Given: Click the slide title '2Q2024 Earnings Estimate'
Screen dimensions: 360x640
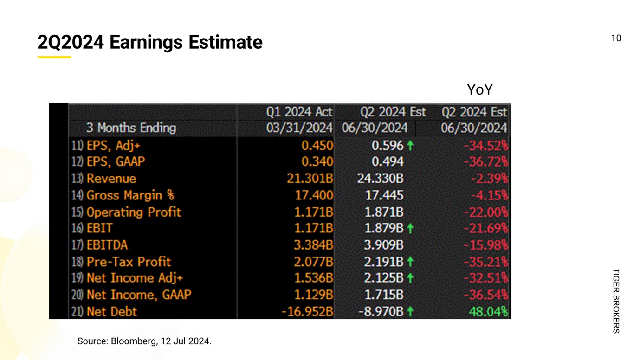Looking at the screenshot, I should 149,43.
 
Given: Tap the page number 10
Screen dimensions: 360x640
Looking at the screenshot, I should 616,39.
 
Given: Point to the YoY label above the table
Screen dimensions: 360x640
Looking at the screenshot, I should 479,90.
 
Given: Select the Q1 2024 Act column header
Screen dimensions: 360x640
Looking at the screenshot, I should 299,112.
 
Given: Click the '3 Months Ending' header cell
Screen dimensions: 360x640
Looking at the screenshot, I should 131,128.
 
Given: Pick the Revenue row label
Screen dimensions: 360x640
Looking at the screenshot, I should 111,179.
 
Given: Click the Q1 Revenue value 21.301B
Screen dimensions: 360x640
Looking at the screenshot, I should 310,179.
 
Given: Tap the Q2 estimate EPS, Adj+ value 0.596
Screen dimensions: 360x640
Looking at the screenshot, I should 388,146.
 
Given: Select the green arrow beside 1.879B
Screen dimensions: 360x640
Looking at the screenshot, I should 410,229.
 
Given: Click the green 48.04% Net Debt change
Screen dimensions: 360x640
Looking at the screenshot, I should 488,311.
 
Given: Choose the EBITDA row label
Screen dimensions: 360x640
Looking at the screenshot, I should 107,245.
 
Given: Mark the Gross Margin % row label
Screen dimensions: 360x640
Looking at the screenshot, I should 130,195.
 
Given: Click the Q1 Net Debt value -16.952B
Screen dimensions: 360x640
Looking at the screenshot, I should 307,311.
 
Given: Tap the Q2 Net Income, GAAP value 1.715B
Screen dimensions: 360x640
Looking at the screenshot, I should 383,295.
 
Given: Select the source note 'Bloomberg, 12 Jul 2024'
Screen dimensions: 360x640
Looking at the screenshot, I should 144,342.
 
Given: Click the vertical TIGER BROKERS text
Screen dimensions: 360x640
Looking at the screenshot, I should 616,301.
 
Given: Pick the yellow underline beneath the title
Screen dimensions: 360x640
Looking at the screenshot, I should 54,57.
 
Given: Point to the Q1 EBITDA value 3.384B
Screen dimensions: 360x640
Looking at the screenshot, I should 313,245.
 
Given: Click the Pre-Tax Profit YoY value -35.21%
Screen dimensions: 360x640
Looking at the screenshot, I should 485,262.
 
